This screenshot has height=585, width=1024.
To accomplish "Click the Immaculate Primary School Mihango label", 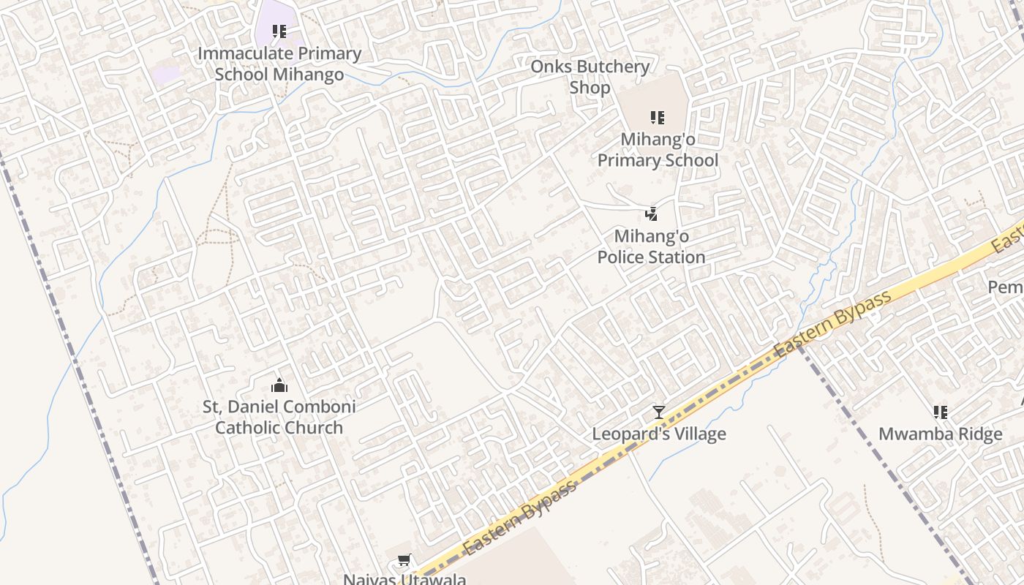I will (x=279, y=64).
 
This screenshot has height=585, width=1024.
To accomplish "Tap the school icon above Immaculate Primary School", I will (x=279, y=31).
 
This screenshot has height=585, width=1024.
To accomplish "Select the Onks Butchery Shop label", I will (x=590, y=77).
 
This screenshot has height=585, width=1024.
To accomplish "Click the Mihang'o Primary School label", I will (x=658, y=149).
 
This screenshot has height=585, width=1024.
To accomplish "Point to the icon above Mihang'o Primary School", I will (x=658, y=118).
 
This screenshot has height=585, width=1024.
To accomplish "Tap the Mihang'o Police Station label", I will (x=651, y=246).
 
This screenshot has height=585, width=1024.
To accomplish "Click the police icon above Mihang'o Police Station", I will (x=651, y=214).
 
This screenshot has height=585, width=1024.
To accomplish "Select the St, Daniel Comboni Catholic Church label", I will (x=279, y=417).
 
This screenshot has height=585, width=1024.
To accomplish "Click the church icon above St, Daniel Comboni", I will (x=279, y=385).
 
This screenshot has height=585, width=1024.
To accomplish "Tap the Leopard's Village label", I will (x=659, y=434).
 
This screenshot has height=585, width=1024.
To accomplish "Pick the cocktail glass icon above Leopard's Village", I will (x=659, y=412).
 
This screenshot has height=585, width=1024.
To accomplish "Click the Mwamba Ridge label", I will (x=940, y=434).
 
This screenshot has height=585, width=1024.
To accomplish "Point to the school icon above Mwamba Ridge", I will (x=941, y=412).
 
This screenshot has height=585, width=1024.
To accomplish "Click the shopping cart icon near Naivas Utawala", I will (x=404, y=561).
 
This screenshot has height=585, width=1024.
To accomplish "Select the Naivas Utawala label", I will (x=404, y=579).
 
